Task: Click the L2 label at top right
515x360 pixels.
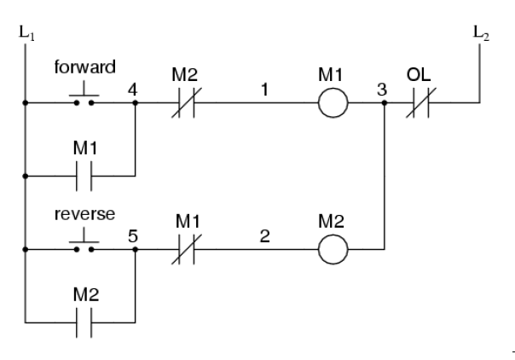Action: pyautogui.click(x=481, y=33)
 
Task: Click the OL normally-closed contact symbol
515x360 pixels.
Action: pyautogui.click(x=418, y=104)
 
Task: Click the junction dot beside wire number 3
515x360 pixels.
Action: pyautogui.click(x=385, y=104)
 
